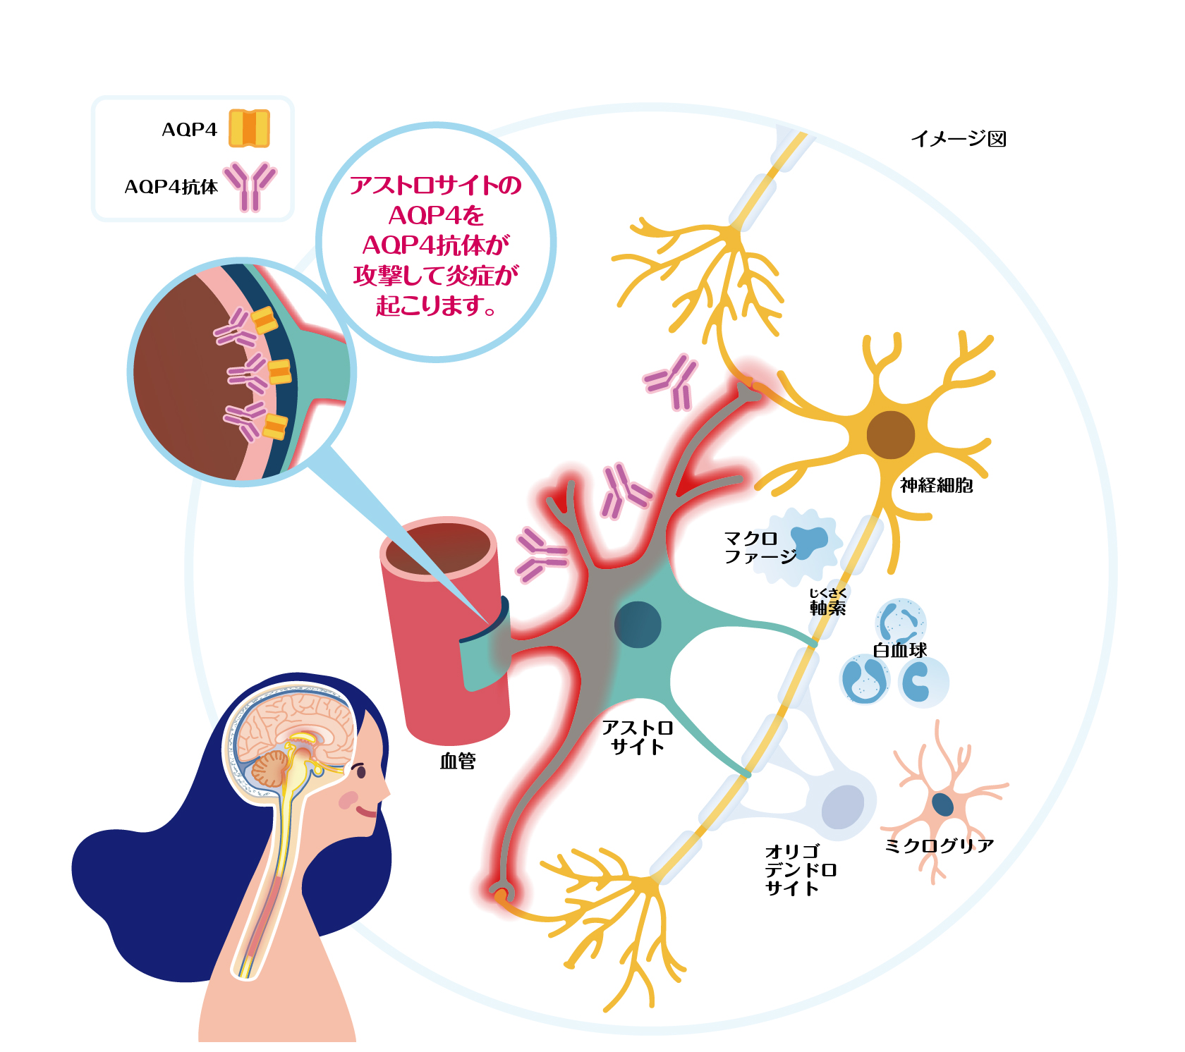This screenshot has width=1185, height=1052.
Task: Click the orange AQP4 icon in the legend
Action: coord(249,128)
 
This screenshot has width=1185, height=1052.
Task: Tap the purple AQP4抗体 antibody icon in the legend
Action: coord(250,187)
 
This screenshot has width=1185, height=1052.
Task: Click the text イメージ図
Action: coord(959,138)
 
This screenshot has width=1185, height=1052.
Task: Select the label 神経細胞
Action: coord(937,485)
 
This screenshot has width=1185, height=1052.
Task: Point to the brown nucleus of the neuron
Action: coord(890,435)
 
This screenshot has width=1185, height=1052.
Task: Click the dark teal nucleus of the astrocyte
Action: coord(638,625)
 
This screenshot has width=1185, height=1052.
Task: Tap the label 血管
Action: coord(458,761)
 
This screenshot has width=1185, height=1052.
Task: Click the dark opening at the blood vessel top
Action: coord(438,548)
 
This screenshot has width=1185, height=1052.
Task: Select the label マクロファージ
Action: coord(760,548)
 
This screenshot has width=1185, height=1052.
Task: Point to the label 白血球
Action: coord(900,650)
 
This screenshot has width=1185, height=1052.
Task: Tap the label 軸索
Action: coord(828,608)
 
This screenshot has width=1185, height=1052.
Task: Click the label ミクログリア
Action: coord(940,845)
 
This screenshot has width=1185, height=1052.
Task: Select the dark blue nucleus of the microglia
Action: coord(943,805)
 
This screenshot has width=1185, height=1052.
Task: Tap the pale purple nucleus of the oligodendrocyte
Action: coord(843,807)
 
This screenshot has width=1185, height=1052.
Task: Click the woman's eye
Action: coord(361,771)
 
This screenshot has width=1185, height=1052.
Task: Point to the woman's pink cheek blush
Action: coord(348,800)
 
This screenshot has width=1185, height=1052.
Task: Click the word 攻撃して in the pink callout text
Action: coord(399,275)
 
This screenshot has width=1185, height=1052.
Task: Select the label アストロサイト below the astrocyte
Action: coord(638,738)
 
